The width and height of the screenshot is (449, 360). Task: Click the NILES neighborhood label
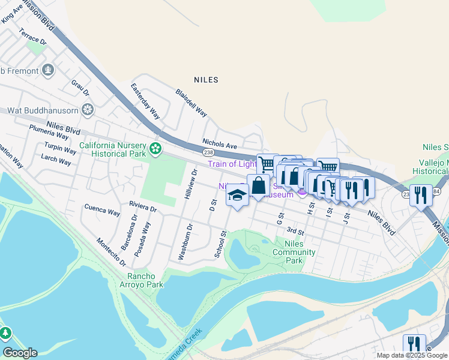pos(206,79)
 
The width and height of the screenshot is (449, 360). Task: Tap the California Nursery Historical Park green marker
pos(156,148)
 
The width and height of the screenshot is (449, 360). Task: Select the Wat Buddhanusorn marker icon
pos(88,110)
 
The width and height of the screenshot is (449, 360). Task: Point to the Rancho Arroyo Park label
pos(145,280)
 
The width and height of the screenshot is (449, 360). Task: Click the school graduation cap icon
pos(238,195)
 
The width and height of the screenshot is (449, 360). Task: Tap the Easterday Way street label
pos(145,100)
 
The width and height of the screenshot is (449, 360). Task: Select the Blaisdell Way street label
pos(191,103)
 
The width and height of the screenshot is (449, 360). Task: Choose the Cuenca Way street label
pos(103,211)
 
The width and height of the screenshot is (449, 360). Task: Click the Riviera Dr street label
pos(143,207)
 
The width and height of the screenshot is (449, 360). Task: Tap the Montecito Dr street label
pos(111,252)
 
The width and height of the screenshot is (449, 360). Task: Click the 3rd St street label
pos(295,230)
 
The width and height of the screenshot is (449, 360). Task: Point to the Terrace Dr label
pos(32,37)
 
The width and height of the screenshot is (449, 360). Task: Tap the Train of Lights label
pos(232,164)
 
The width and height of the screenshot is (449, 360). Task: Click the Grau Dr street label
pos(80,88)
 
